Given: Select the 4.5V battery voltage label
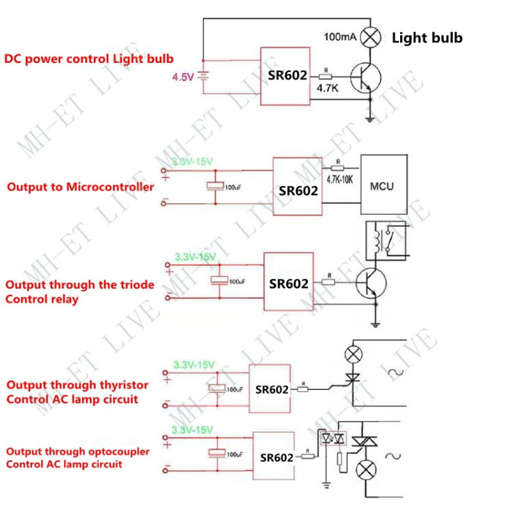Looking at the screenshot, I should [183, 78].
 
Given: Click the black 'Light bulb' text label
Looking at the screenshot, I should [427, 38].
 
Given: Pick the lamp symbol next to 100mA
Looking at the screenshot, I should [371, 37].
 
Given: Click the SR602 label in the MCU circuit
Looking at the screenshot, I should [298, 191].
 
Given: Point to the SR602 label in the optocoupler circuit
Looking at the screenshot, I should [276, 458].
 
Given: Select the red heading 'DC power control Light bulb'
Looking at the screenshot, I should [89, 59].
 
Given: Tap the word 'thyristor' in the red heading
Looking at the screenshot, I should [124, 385].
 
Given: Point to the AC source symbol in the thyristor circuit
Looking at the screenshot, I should [395, 372].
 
